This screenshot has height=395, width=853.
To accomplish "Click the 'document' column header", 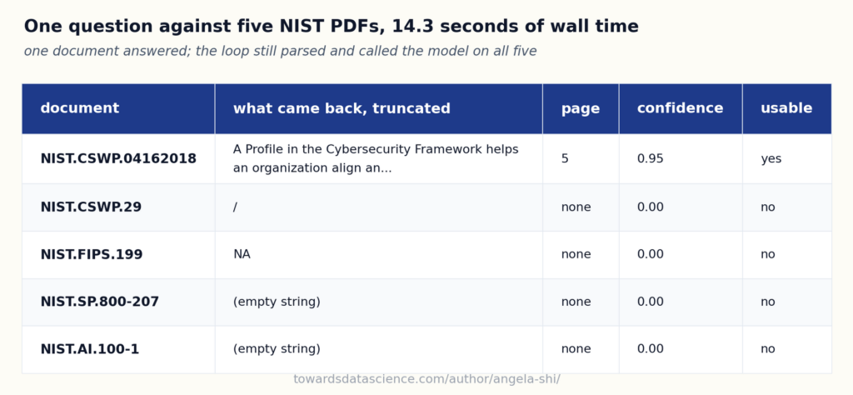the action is coord(79,108).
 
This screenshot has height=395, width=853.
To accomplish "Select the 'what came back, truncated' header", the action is coord(342,108).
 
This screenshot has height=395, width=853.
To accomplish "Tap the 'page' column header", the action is coord(581,109).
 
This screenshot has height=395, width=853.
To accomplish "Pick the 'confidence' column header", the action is coord(680,108).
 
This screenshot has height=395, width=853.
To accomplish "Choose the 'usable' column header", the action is coord(786,108).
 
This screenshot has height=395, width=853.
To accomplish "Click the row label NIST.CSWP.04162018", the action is coord(118,159).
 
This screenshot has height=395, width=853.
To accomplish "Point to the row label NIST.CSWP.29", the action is coord(91,207).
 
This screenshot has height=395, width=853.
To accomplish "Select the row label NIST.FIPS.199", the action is coord(92,255).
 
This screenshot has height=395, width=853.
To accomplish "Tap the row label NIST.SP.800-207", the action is coord(100,302).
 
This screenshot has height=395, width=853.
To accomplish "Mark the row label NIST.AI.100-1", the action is coord(90,349).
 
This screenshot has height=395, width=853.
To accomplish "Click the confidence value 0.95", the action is coord(650,159).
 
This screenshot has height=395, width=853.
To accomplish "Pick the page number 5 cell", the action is coord(565,159).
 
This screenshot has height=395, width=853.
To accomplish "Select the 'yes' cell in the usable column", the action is coord(771,159).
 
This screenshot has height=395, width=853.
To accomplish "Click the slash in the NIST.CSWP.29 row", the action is coord(235,207).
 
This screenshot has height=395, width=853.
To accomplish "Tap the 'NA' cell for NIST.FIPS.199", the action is coord(242,255).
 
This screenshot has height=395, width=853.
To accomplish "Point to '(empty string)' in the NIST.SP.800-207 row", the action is coord(277,302).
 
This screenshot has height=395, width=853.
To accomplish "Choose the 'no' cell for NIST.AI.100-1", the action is coord(767,349).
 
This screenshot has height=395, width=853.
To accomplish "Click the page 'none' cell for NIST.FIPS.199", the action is coord(576,255).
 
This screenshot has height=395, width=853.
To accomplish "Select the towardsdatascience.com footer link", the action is coord(426,379).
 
